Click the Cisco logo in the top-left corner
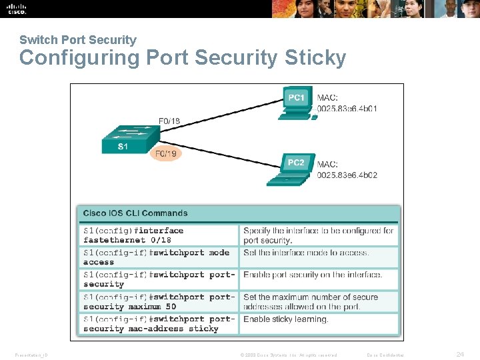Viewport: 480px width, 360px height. point(17,9)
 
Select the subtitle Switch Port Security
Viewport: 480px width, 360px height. point(78,40)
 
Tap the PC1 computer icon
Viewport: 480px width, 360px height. point(296,103)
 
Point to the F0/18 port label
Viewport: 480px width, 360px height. point(169,121)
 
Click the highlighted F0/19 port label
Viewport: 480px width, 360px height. point(166,154)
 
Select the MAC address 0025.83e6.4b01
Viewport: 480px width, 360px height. point(347,109)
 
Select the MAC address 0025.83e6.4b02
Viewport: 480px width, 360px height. point(347,175)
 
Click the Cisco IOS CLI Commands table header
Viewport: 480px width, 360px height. point(135,213)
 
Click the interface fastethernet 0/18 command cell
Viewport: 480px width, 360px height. point(159,235)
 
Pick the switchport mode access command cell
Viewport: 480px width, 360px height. point(159,257)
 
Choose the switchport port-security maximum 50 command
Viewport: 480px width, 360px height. point(159,302)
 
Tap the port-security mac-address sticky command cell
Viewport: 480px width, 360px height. point(159,323)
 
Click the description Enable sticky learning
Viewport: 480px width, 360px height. point(286,319)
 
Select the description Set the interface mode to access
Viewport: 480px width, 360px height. point(306,253)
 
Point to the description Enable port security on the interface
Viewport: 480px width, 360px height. point(313,275)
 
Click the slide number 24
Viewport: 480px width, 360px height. point(459,355)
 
